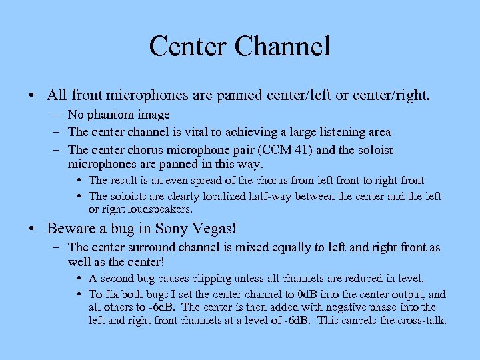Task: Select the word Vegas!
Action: [x=217, y=229]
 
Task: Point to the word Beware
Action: [x=71, y=229]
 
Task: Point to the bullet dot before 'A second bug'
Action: [x=80, y=278]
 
